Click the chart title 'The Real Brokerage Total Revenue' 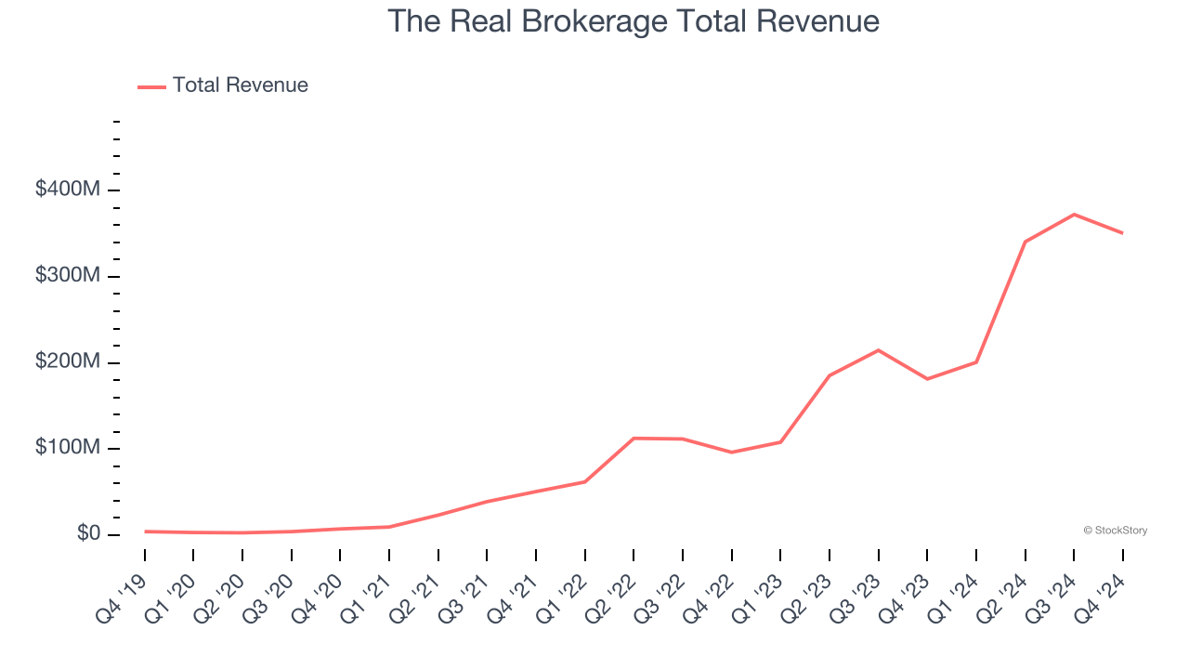633,21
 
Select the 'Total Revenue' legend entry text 240,85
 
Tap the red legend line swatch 151,86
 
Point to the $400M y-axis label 67,190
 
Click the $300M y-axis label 67,276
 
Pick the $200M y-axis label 67,361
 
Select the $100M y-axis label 67,448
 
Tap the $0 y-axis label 87,533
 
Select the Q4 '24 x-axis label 1100,586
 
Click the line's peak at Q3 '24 1074,215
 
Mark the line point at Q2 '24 1025,242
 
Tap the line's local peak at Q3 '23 878,350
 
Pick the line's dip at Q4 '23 927,379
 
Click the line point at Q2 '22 634,438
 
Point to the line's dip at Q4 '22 731,453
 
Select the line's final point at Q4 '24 1122,233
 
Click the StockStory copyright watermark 1115,531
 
